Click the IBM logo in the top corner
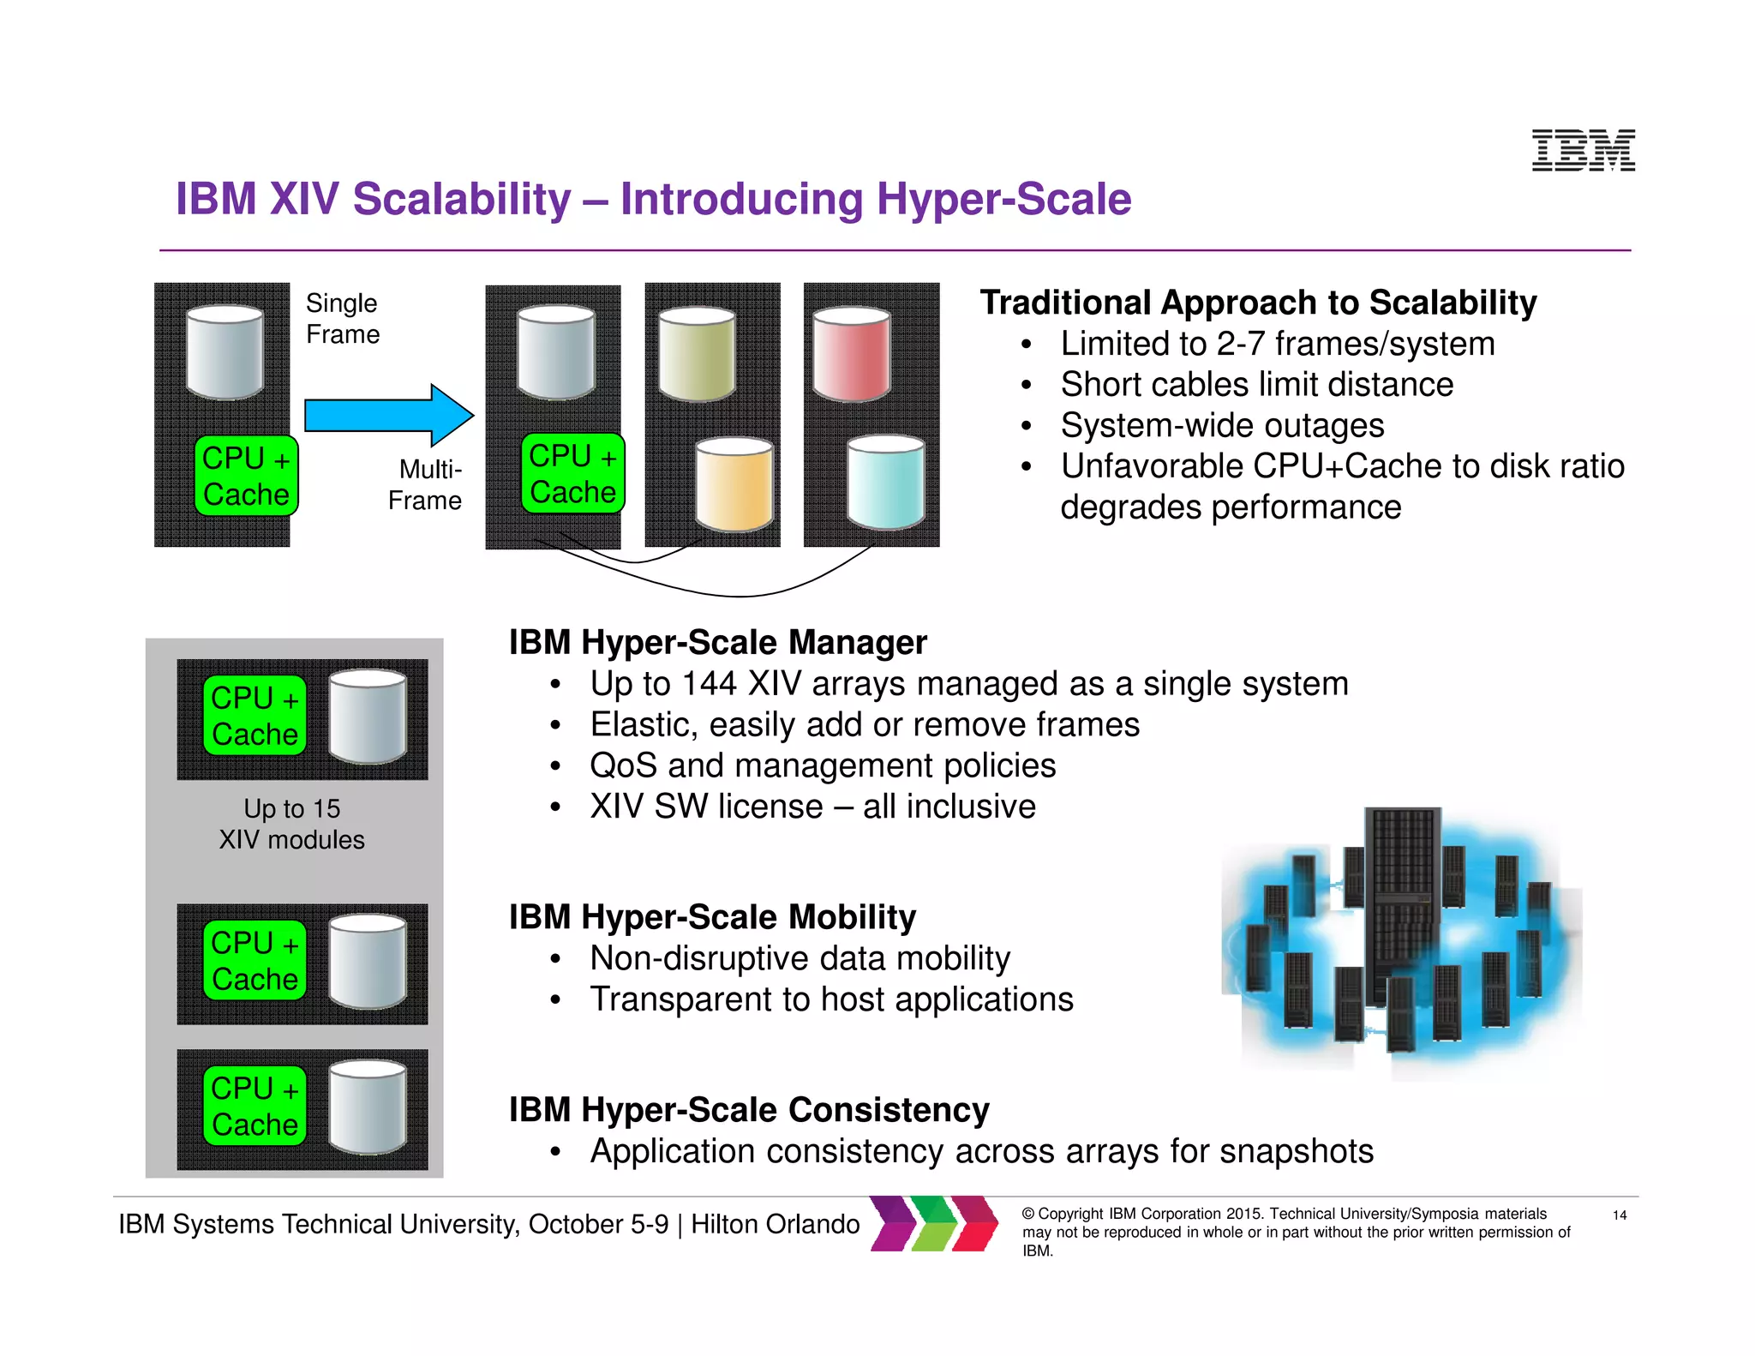1583,150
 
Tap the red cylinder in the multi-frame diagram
851,354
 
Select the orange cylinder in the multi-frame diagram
734,484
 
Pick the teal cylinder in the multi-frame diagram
885,482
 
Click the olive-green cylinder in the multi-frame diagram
697,354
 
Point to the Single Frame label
343,318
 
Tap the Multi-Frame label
426,484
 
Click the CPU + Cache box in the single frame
246,476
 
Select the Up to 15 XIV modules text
292,824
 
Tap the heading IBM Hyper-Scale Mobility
712,917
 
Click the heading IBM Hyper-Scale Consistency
749,1109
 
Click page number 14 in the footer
1620,1215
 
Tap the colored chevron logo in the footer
934,1223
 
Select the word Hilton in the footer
728,1224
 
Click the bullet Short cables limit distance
1256,384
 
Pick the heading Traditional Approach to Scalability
1258,303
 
